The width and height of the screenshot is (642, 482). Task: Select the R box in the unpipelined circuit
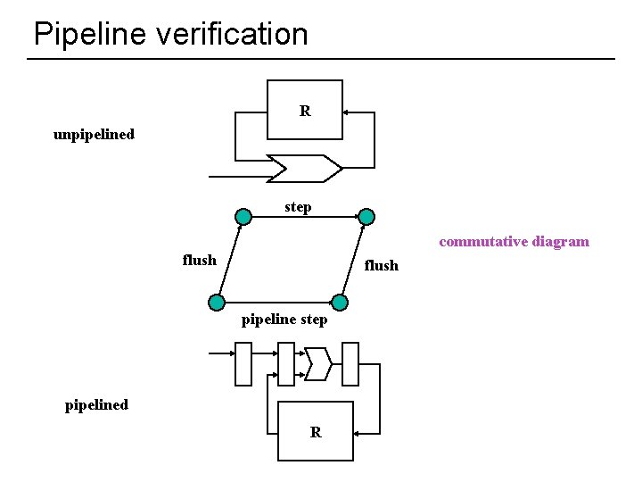coord(305,110)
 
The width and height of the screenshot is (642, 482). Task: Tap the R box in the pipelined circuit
coord(316,431)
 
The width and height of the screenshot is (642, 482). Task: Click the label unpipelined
coord(94,135)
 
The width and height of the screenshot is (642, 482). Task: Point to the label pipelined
coord(96,404)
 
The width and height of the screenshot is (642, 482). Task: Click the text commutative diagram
coord(514,241)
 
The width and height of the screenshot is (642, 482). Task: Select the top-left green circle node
coord(243,216)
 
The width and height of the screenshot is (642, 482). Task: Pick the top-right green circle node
coord(366,216)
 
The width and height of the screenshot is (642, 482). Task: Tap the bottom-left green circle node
coord(216,302)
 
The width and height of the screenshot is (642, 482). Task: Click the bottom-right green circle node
coord(339,302)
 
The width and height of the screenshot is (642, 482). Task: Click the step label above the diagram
coord(298,207)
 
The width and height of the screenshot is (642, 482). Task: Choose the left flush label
coord(199,260)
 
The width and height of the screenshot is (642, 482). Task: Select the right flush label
coord(381,265)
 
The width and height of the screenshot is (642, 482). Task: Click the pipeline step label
coord(284,319)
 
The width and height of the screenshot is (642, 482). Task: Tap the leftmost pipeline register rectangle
coord(243,364)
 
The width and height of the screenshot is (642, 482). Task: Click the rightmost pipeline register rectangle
coord(350,364)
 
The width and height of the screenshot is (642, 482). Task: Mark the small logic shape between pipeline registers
coord(318,363)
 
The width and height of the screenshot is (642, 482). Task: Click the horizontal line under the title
coord(321,59)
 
